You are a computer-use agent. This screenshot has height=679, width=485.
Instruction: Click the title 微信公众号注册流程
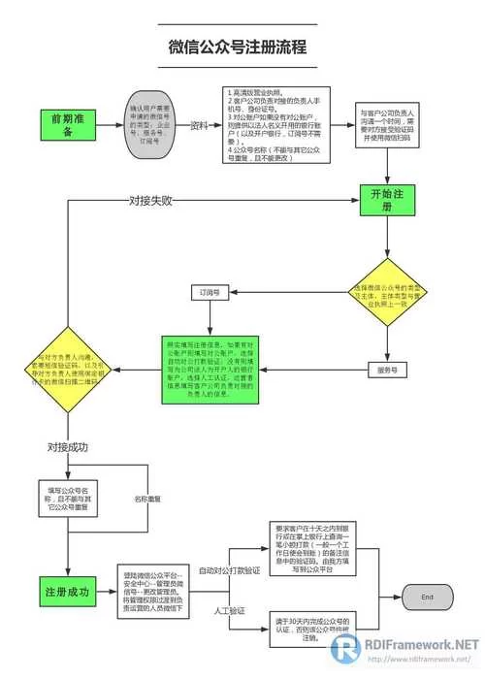coord(238,46)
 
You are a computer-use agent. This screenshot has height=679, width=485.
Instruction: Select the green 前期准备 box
coord(69,125)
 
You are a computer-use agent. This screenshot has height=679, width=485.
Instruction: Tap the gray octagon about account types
coord(151,125)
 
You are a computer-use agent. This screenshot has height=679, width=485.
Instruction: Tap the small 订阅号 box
coord(210,291)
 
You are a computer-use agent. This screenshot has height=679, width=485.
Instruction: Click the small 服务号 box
coord(388,369)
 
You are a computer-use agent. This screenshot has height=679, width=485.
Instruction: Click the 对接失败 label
coord(151,201)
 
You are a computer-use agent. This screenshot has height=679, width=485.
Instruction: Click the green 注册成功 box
coord(68,590)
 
